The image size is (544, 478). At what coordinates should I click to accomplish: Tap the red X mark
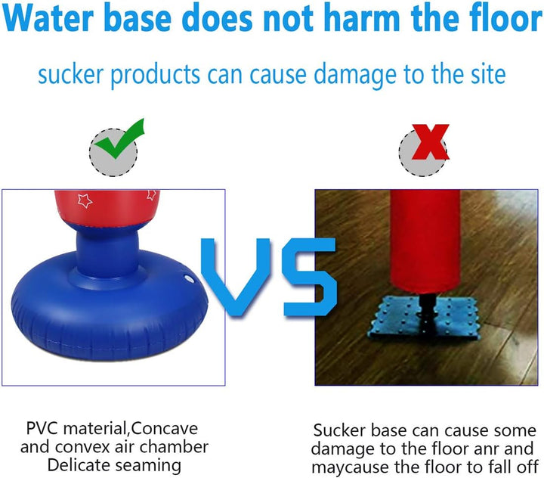point(430,141)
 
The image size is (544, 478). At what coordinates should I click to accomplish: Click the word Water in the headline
point(48,18)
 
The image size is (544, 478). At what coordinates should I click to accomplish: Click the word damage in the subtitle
point(354,75)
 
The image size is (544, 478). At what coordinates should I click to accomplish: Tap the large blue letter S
point(309,277)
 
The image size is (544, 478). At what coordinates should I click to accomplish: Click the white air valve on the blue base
point(189,278)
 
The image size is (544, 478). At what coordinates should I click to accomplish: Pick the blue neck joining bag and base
point(107,253)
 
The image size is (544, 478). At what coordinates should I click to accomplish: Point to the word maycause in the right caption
point(351,467)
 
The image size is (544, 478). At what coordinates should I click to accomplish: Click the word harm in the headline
point(361,17)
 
